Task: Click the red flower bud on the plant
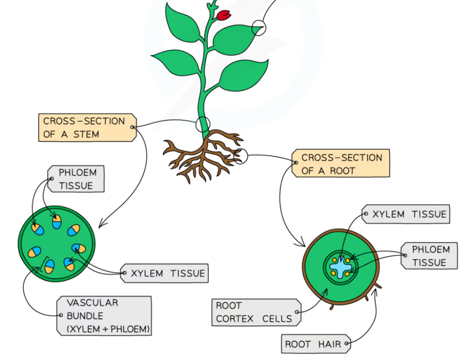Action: (x=224, y=15)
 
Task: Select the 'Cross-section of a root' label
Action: (x=341, y=163)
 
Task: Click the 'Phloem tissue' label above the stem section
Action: (x=76, y=179)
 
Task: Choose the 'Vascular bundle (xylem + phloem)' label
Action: (x=104, y=316)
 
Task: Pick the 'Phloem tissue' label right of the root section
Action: (x=430, y=256)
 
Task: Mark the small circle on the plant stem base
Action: (x=203, y=124)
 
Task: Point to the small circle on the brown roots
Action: (x=240, y=156)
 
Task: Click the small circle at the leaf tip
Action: (x=259, y=28)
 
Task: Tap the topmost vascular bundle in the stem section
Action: (x=57, y=221)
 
